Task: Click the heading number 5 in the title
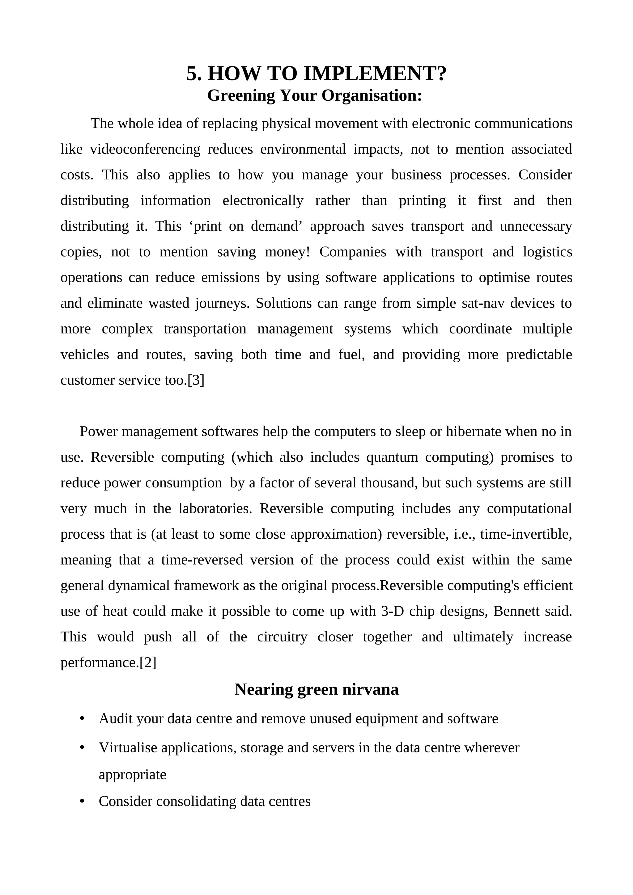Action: click(194, 74)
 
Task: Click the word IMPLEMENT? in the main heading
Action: click(375, 74)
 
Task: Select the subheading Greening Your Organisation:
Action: click(314, 95)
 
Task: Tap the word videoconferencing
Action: click(145, 149)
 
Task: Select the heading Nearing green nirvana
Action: click(316, 690)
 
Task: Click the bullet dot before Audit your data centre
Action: click(82, 718)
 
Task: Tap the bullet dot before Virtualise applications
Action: click(82, 748)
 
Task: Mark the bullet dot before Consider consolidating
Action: click(82, 801)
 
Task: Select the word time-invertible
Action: click(526, 534)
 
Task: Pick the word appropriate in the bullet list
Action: click(133, 775)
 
